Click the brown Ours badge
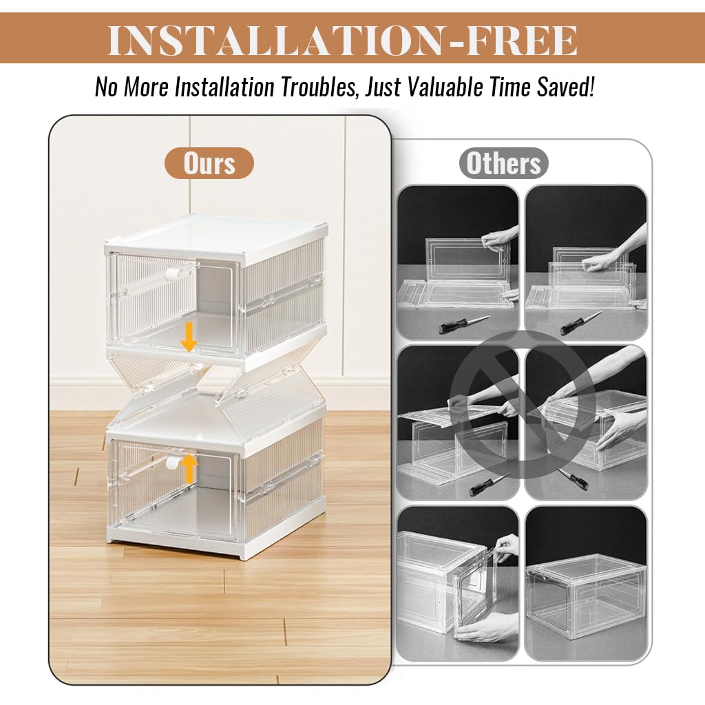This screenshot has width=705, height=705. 209,164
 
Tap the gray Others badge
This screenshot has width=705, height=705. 503,164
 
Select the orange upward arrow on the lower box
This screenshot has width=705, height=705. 189,469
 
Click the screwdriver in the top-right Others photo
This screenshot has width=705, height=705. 580,323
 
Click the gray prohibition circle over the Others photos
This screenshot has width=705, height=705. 522,403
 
